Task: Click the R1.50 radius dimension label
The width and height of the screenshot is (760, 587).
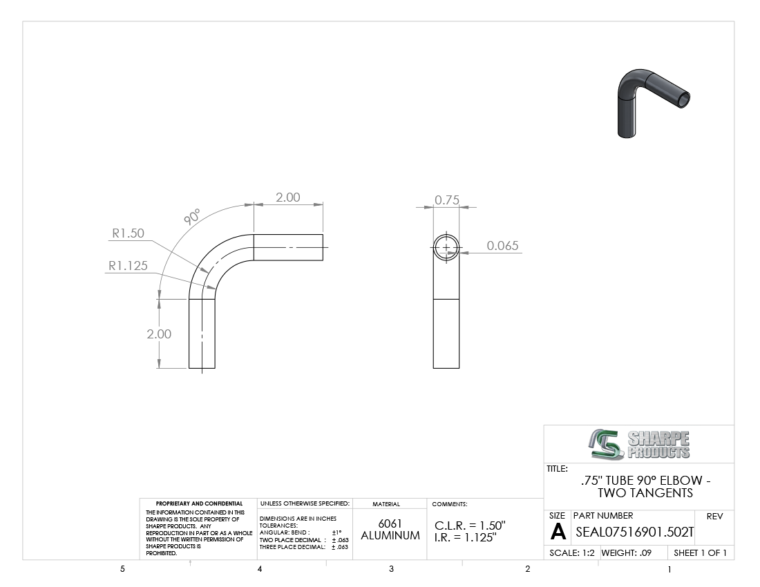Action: point(128,233)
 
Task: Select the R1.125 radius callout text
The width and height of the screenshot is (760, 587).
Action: point(128,265)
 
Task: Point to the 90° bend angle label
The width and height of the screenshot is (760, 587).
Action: point(193,216)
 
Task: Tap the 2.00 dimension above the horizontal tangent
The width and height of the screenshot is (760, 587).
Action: point(288,197)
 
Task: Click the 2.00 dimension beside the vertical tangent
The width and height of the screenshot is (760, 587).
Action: point(159,334)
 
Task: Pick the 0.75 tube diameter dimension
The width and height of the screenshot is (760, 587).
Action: point(447,200)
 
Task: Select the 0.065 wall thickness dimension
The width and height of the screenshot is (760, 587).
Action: point(502,246)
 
